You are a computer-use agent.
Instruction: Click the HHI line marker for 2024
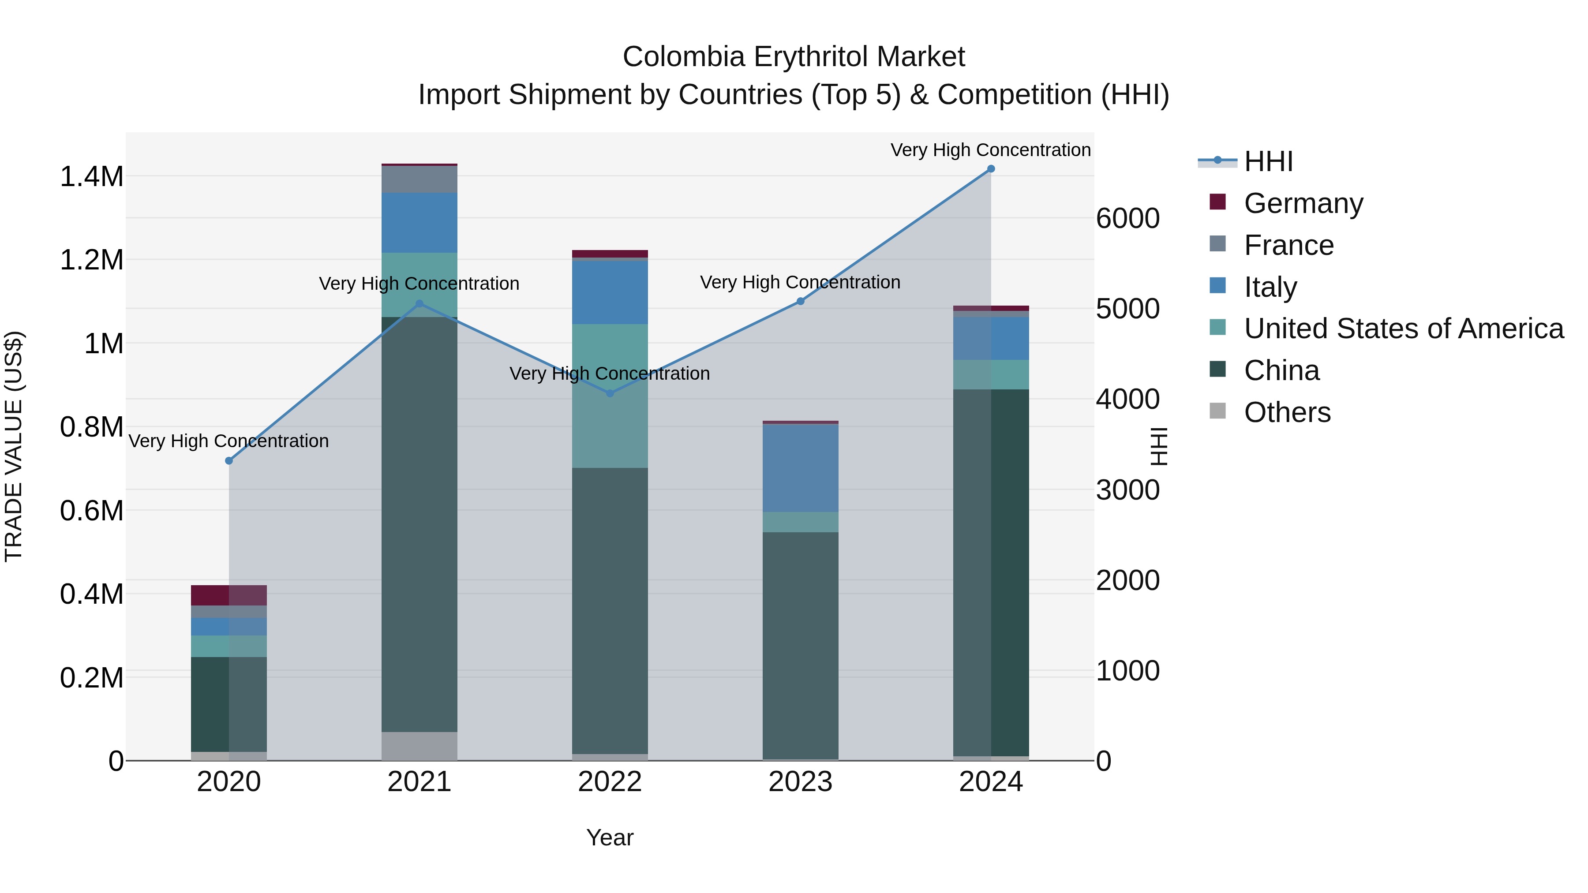991,169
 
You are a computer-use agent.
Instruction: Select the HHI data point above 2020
228,461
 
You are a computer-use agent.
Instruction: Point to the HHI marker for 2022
610,393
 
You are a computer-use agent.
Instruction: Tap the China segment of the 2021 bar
419,524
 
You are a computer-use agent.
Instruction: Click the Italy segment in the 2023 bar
800,468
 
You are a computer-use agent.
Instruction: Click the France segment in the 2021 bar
419,179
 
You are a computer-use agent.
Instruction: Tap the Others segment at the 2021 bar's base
419,746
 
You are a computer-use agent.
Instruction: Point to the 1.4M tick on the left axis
91,177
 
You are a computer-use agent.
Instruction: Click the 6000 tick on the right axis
1127,218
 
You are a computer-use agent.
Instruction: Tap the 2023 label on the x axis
800,782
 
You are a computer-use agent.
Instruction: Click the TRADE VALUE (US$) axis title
14,446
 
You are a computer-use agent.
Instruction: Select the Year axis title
610,837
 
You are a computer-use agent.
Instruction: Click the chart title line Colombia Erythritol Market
794,57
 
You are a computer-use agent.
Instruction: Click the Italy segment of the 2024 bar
991,338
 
